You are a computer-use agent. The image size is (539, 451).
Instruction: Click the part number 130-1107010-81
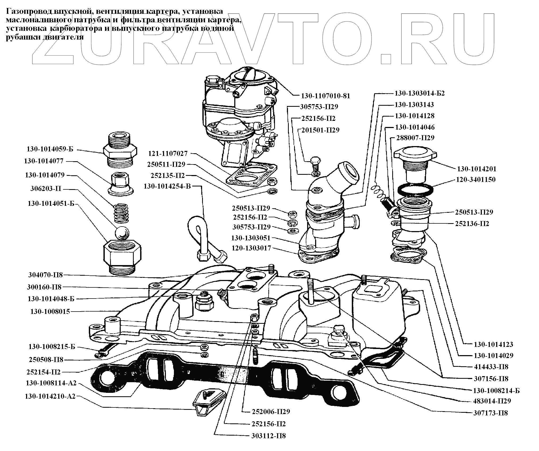(325, 96)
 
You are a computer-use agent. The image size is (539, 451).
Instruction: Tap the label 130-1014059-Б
(50, 149)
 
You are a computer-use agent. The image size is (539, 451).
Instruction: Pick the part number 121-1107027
(168, 154)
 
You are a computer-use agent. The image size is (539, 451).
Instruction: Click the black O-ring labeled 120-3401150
(415, 189)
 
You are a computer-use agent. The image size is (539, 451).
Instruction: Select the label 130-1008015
(50, 312)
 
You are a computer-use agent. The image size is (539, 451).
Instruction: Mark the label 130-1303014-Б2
(420, 93)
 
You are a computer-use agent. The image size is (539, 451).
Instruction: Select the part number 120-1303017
(251, 248)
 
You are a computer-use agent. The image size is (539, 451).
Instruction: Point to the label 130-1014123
(494, 344)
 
